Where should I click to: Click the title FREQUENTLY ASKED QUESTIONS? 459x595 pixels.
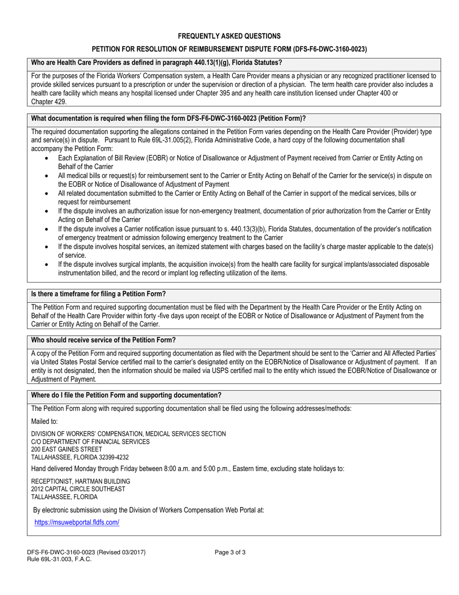point(229,36)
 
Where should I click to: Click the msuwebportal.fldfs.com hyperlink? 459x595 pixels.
point(77,522)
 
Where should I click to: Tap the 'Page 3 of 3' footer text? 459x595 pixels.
point(230,552)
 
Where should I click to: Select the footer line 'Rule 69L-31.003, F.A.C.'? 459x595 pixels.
point(59,559)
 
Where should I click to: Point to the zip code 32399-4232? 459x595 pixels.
point(112,457)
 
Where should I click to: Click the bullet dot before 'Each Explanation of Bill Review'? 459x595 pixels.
point(46,158)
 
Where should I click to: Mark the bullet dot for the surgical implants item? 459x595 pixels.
point(46,265)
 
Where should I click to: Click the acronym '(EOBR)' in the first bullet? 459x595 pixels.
point(152,158)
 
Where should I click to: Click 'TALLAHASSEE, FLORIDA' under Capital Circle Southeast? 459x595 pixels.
point(64,497)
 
